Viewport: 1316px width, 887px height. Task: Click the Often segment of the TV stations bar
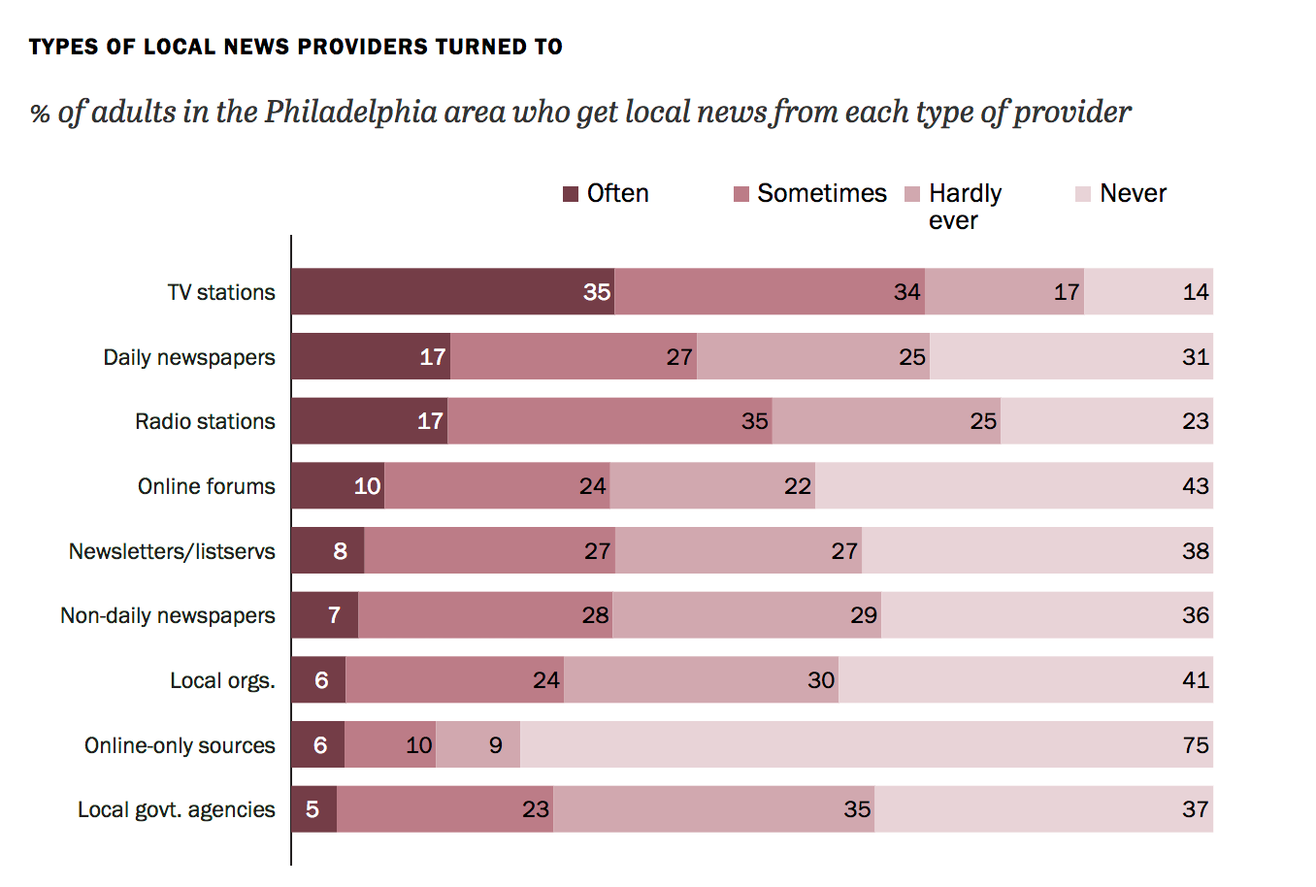coord(452,291)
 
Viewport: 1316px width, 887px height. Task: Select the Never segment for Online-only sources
coord(866,744)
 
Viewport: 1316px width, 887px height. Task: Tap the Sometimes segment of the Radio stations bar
coord(609,420)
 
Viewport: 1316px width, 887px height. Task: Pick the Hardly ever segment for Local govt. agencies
coord(713,808)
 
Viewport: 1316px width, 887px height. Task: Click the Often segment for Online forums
coord(338,485)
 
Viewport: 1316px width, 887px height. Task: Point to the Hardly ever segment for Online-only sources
coord(477,744)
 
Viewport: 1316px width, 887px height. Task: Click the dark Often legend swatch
coord(571,194)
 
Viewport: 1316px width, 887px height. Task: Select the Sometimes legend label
coord(821,193)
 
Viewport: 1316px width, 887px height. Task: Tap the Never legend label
coord(1133,193)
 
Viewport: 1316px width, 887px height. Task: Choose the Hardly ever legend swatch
coord(912,194)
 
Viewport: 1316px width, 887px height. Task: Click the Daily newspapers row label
coord(189,357)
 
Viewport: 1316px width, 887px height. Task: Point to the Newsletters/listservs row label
coord(172,551)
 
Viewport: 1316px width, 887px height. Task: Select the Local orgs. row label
coord(222,680)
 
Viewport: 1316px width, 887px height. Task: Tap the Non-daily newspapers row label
coord(168,615)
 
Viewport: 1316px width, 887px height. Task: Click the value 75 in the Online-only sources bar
coord(1196,744)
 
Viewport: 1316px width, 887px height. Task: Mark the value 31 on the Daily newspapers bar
coord(1196,356)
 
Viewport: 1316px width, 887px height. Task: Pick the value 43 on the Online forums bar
coord(1196,485)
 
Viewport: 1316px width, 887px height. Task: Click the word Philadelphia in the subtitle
coord(350,112)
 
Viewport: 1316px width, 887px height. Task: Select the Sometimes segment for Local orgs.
coord(454,679)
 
